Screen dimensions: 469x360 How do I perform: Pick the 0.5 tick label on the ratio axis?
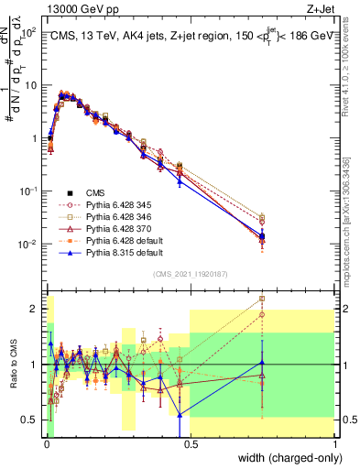coord(30,420)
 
